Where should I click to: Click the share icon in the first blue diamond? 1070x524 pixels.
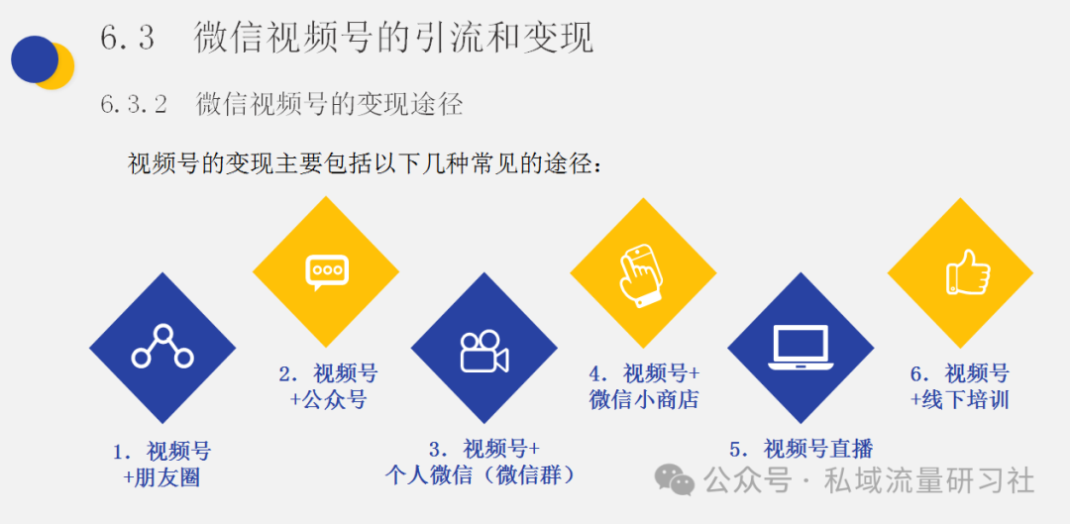tap(162, 348)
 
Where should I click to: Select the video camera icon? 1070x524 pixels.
tap(483, 352)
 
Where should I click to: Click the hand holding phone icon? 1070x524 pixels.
tap(642, 276)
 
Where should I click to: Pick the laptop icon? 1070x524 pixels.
tap(801, 348)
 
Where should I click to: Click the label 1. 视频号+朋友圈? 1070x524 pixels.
tap(161, 464)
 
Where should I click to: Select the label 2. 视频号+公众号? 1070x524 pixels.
tap(328, 386)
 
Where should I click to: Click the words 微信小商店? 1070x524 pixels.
tap(644, 399)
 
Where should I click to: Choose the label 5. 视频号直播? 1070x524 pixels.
tap(802, 449)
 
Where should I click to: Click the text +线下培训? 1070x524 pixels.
tap(959, 399)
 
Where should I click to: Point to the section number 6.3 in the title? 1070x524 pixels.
tap(128, 38)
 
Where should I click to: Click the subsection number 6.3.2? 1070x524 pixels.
tap(134, 105)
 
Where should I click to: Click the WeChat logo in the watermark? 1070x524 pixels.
tap(675, 480)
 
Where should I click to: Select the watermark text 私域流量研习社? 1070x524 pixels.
tap(928, 480)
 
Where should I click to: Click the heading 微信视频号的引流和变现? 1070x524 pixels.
tap(393, 38)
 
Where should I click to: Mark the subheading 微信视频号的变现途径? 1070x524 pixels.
tap(330, 105)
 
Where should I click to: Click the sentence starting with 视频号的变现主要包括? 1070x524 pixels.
tap(365, 163)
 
